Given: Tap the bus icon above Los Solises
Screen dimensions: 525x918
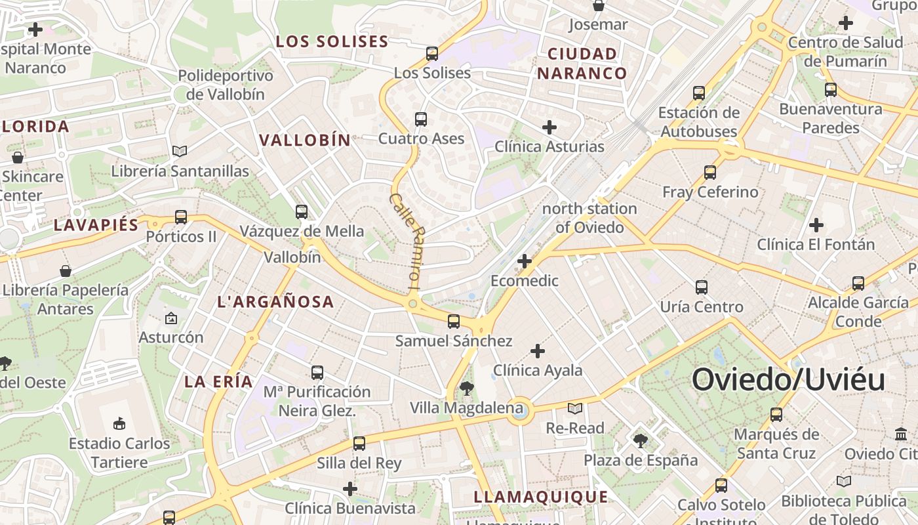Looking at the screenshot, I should click(432, 54).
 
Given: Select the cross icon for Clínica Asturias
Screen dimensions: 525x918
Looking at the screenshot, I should click(549, 127).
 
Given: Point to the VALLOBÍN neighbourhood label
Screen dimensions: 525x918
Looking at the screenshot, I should click(305, 140).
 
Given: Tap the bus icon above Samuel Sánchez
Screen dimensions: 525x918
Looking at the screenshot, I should click(453, 322).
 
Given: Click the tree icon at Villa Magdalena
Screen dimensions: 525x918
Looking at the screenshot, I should click(466, 388).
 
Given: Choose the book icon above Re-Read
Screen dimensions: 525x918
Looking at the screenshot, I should click(575, 409).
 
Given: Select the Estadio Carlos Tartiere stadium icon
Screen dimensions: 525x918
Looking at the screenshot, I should click(119, 423).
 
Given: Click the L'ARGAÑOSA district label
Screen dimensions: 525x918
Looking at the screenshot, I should click(275, 302).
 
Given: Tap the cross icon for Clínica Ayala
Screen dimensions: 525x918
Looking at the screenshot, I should click(538, 351).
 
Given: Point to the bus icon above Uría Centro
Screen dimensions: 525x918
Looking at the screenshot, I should click(702, 287).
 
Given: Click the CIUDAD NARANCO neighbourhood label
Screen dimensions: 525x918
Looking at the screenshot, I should click(582, 63).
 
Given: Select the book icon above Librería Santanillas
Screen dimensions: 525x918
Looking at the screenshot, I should click(180, 152).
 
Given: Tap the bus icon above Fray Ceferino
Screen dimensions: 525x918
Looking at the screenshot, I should click(710, 173).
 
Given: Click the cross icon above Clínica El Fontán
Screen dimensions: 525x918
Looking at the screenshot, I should click(816, 226).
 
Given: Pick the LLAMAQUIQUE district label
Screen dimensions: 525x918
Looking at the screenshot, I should click(541, 497).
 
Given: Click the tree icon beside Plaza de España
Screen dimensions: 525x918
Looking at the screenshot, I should click(641, 440).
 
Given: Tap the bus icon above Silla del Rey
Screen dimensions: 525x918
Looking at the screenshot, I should click(359, 444).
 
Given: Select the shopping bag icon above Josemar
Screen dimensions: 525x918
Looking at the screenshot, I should click(598, 6).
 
